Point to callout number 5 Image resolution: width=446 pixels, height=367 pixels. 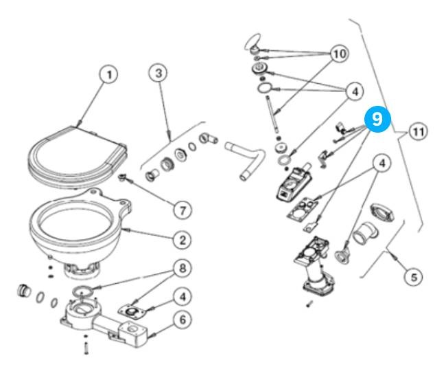point(412,277)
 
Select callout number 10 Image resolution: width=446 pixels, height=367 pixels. point(338,54)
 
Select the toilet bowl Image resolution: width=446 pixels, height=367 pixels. point(75,227)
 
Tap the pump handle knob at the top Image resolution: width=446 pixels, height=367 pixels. point(253,43)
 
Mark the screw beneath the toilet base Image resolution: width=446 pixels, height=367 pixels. point(86,348)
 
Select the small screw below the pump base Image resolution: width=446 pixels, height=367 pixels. point(309,302)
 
